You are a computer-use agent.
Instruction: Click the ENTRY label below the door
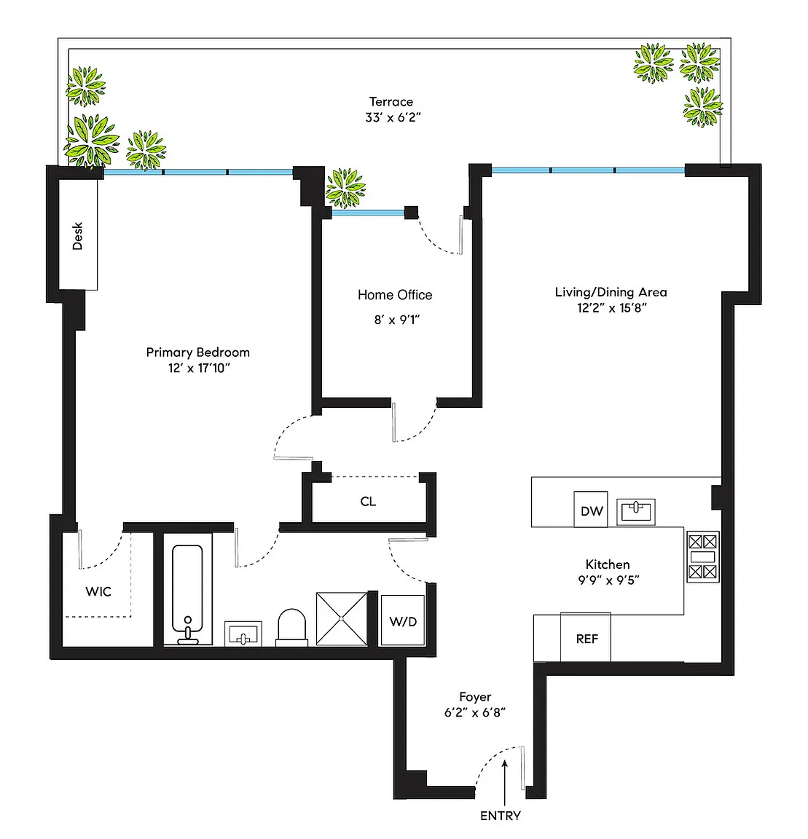500,816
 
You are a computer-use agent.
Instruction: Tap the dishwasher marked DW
591,509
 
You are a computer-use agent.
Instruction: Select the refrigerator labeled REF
586,637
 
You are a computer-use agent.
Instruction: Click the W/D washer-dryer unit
403,621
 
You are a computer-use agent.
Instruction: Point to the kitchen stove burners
702,556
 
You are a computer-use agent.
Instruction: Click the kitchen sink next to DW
635,511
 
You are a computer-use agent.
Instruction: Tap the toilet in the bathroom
292,627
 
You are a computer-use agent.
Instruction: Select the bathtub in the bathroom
187,594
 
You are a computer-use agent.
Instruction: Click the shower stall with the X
342,618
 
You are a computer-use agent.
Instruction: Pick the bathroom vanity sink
243,634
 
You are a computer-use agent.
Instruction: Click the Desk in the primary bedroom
78,235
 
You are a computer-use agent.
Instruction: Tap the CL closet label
368,501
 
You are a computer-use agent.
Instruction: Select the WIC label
98,591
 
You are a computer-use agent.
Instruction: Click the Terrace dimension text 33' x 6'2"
393,117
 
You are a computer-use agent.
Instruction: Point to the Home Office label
395,295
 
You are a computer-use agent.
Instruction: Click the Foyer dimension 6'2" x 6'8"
475,712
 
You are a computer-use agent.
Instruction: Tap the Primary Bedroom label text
198,352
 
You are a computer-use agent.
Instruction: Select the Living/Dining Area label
611,292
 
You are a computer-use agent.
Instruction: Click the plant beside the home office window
345,188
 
